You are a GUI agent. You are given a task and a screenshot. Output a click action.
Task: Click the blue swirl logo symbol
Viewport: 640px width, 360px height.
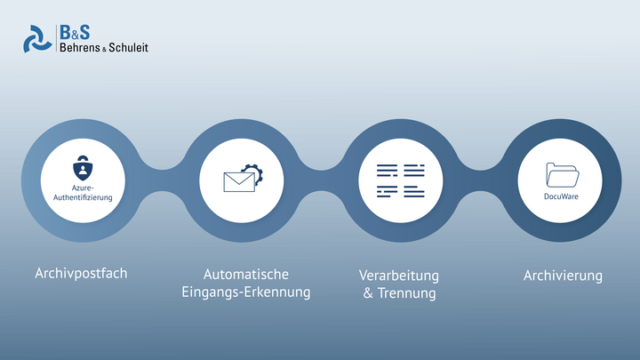point(37,39)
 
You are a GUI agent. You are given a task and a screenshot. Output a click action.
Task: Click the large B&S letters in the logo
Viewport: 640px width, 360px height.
point(75,33)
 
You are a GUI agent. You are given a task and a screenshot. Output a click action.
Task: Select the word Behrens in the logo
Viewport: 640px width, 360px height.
point(80,47)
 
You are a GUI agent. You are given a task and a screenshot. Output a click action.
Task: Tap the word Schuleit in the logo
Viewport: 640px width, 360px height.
point(128,47)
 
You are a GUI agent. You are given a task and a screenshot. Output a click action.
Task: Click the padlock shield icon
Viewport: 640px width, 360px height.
point(83,168)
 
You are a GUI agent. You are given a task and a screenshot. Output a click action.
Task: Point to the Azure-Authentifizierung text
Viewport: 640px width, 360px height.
point(83,193)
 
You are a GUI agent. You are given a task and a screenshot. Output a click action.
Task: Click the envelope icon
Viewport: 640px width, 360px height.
point(239,181)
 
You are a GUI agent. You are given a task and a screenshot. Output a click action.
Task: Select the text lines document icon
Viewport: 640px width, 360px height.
point(400,180)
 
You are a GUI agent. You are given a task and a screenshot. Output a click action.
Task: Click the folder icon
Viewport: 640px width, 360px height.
point(563,175)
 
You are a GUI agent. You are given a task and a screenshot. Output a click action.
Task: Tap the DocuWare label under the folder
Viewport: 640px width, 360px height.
point(561,196)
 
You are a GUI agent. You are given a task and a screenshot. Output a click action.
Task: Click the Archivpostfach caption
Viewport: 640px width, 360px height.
point(81,273)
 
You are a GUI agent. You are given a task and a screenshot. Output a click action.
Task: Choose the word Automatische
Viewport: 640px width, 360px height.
point(246,275)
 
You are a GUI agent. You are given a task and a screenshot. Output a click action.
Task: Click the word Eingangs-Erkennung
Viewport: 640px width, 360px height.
point(246,292)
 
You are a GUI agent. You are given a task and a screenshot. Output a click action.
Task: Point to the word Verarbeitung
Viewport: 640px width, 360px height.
point(399,276)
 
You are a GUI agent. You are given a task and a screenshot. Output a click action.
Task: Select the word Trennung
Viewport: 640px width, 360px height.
point(406,293)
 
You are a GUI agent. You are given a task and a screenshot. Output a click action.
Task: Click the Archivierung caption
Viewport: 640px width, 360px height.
point(563,276)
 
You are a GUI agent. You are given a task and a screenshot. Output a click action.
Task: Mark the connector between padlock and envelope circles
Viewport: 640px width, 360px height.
point(163,180)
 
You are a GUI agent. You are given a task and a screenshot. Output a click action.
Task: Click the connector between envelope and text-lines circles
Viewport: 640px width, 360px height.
point(322,180)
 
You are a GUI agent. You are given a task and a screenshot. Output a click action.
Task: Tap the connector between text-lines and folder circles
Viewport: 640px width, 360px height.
point(480,180)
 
